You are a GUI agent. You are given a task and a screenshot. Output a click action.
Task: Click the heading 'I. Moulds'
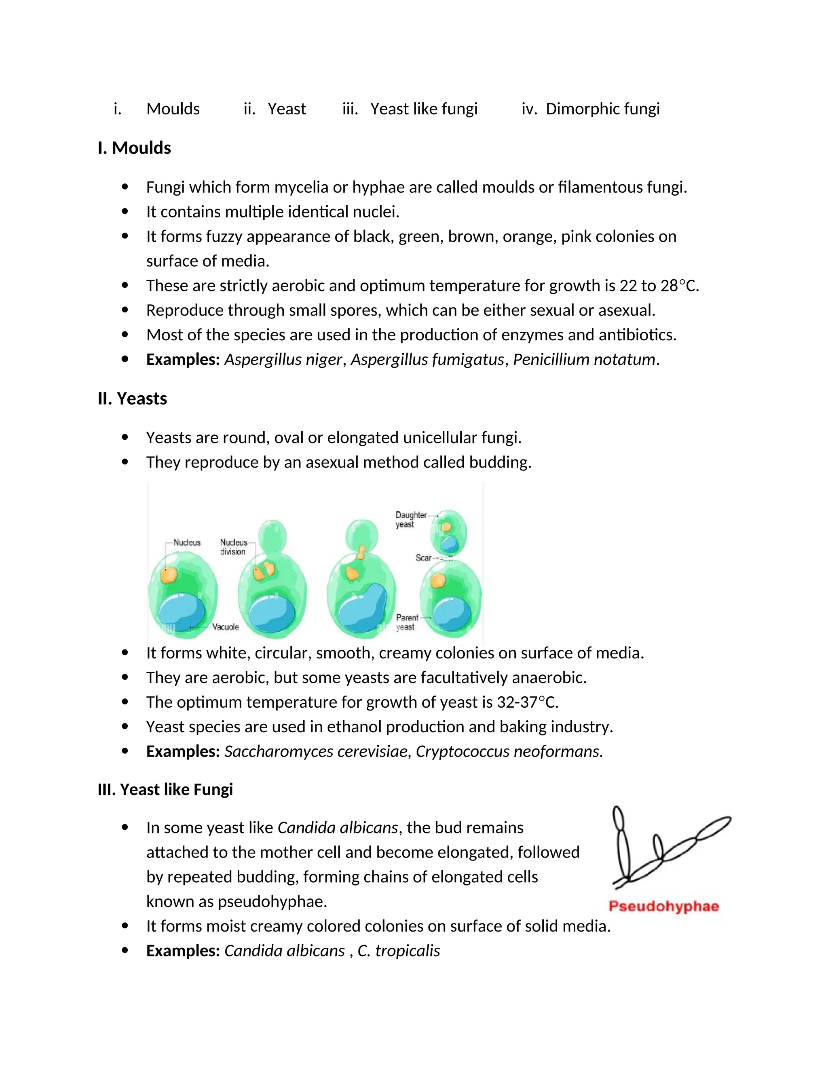point(134,148)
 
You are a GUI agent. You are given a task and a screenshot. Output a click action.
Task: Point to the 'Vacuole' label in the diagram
point(225,627)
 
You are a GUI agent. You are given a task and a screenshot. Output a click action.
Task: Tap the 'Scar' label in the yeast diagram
point(423,558)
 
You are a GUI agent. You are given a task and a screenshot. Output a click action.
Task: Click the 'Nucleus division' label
point(233,547)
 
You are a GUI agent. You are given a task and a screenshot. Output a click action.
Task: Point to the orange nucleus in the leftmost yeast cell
point(168,575)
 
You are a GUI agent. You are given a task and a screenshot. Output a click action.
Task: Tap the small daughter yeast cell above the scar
point(448,535)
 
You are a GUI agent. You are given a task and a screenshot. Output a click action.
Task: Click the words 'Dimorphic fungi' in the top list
point(602,108)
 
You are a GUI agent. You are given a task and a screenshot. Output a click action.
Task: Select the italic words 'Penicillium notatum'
point(584,359)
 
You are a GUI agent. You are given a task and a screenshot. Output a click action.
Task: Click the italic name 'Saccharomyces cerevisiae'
point(316,751)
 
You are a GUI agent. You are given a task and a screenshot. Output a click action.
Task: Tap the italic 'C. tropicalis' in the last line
point(398,951)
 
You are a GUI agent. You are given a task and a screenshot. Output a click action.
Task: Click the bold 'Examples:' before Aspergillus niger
point(182,359)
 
